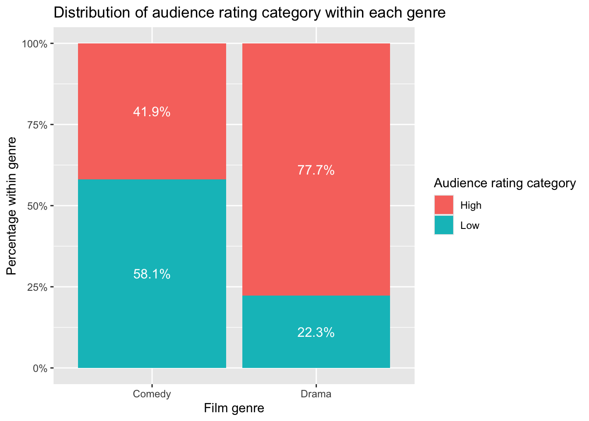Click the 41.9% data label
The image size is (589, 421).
click(152, 112)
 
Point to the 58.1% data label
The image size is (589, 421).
click(152, 275)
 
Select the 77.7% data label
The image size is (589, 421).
click(316, 170)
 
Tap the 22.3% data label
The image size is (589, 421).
click(316, 333)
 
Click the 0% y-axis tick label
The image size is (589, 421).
click(40, 368)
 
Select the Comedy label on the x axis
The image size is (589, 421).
click(152, 394)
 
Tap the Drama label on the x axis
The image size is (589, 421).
click(316, 394)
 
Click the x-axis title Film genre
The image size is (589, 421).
click(234, 409)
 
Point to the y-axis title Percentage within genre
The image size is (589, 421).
click(12, 206)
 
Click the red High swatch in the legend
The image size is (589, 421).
click(444, 205)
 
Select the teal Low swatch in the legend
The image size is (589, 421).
click(444, 225)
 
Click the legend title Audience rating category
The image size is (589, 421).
click(504, 183)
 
